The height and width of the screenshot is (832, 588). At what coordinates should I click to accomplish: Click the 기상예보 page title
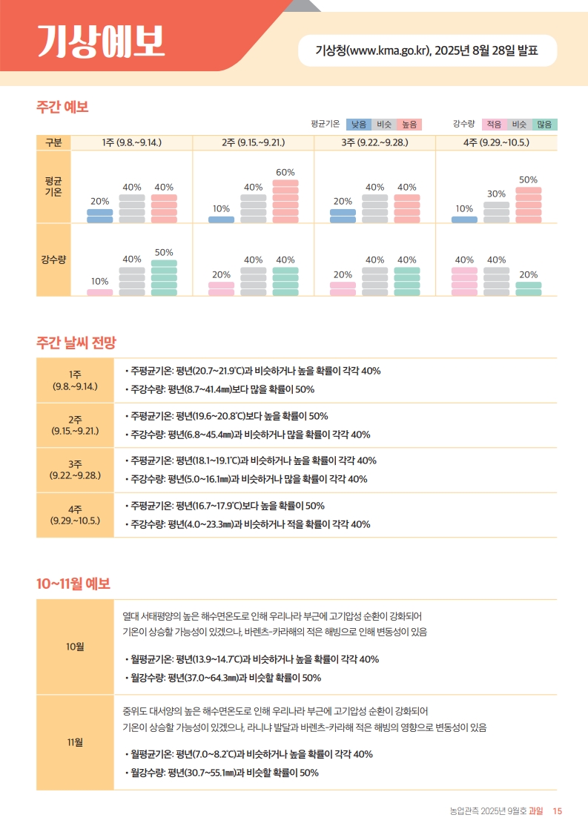tap(101, 42)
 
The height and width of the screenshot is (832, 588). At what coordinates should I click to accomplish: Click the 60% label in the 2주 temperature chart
tap(285, 172)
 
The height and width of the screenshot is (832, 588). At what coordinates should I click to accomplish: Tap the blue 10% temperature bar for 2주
tap(221, 219)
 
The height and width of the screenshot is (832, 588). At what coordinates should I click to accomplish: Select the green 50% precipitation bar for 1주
tap(164, 278)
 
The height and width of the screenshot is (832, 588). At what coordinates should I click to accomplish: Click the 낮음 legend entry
tap(359, 125)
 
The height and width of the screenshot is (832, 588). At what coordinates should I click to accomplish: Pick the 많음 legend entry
tap(545, 125)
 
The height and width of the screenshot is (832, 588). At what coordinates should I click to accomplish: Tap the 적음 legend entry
tap(494, 125)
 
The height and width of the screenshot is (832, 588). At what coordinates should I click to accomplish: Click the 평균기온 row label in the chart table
tap(53, 185)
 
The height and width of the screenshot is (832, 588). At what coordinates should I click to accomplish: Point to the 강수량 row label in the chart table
tap(53, 260)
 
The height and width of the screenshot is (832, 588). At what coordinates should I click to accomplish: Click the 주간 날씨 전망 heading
tap(76, 342)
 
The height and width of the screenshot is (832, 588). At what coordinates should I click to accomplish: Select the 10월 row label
tap(75, 647)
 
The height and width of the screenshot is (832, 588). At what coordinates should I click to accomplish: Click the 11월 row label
tap(75, 742)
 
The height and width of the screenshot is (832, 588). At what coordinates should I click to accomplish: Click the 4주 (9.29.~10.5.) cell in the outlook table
tap(75, 515)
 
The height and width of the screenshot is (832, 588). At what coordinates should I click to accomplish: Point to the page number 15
tap(558, 811)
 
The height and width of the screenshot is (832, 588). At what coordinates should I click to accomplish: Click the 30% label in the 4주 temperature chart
tap(496, 194)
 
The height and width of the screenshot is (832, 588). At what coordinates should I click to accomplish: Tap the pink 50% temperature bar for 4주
tap(528, 205)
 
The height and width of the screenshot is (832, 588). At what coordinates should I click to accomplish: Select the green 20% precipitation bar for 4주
tap(528, 289)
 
